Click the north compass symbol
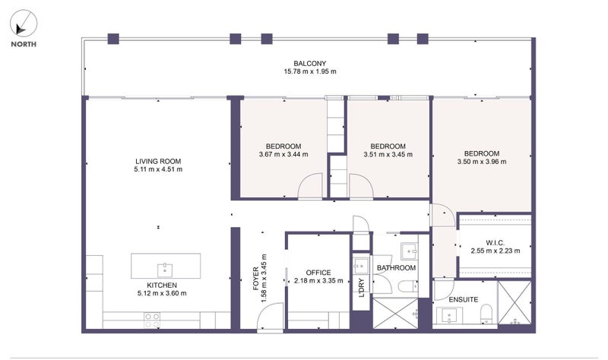(x=24, y=24)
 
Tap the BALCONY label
(x=310, y=63)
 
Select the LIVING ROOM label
(x=158, y=161)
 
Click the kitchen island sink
(x=165, y=270)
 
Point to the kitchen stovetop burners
(x=152, y=321)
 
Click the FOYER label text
(x=256, y=279)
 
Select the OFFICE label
(x=318, y=273)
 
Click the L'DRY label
(x=362, y=288)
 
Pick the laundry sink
(x=361, y=266)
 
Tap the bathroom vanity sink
(x=409, y=251)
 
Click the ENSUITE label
(x=464, y=299)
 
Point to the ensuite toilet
(x=486, y=314)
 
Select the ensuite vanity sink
(x=449, y=315)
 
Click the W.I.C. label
(x=496, y=243)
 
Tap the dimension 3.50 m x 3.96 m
(x=482, y=162)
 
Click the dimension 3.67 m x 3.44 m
(x=283, y=154)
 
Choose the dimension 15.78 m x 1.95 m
(x=310, y=71)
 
